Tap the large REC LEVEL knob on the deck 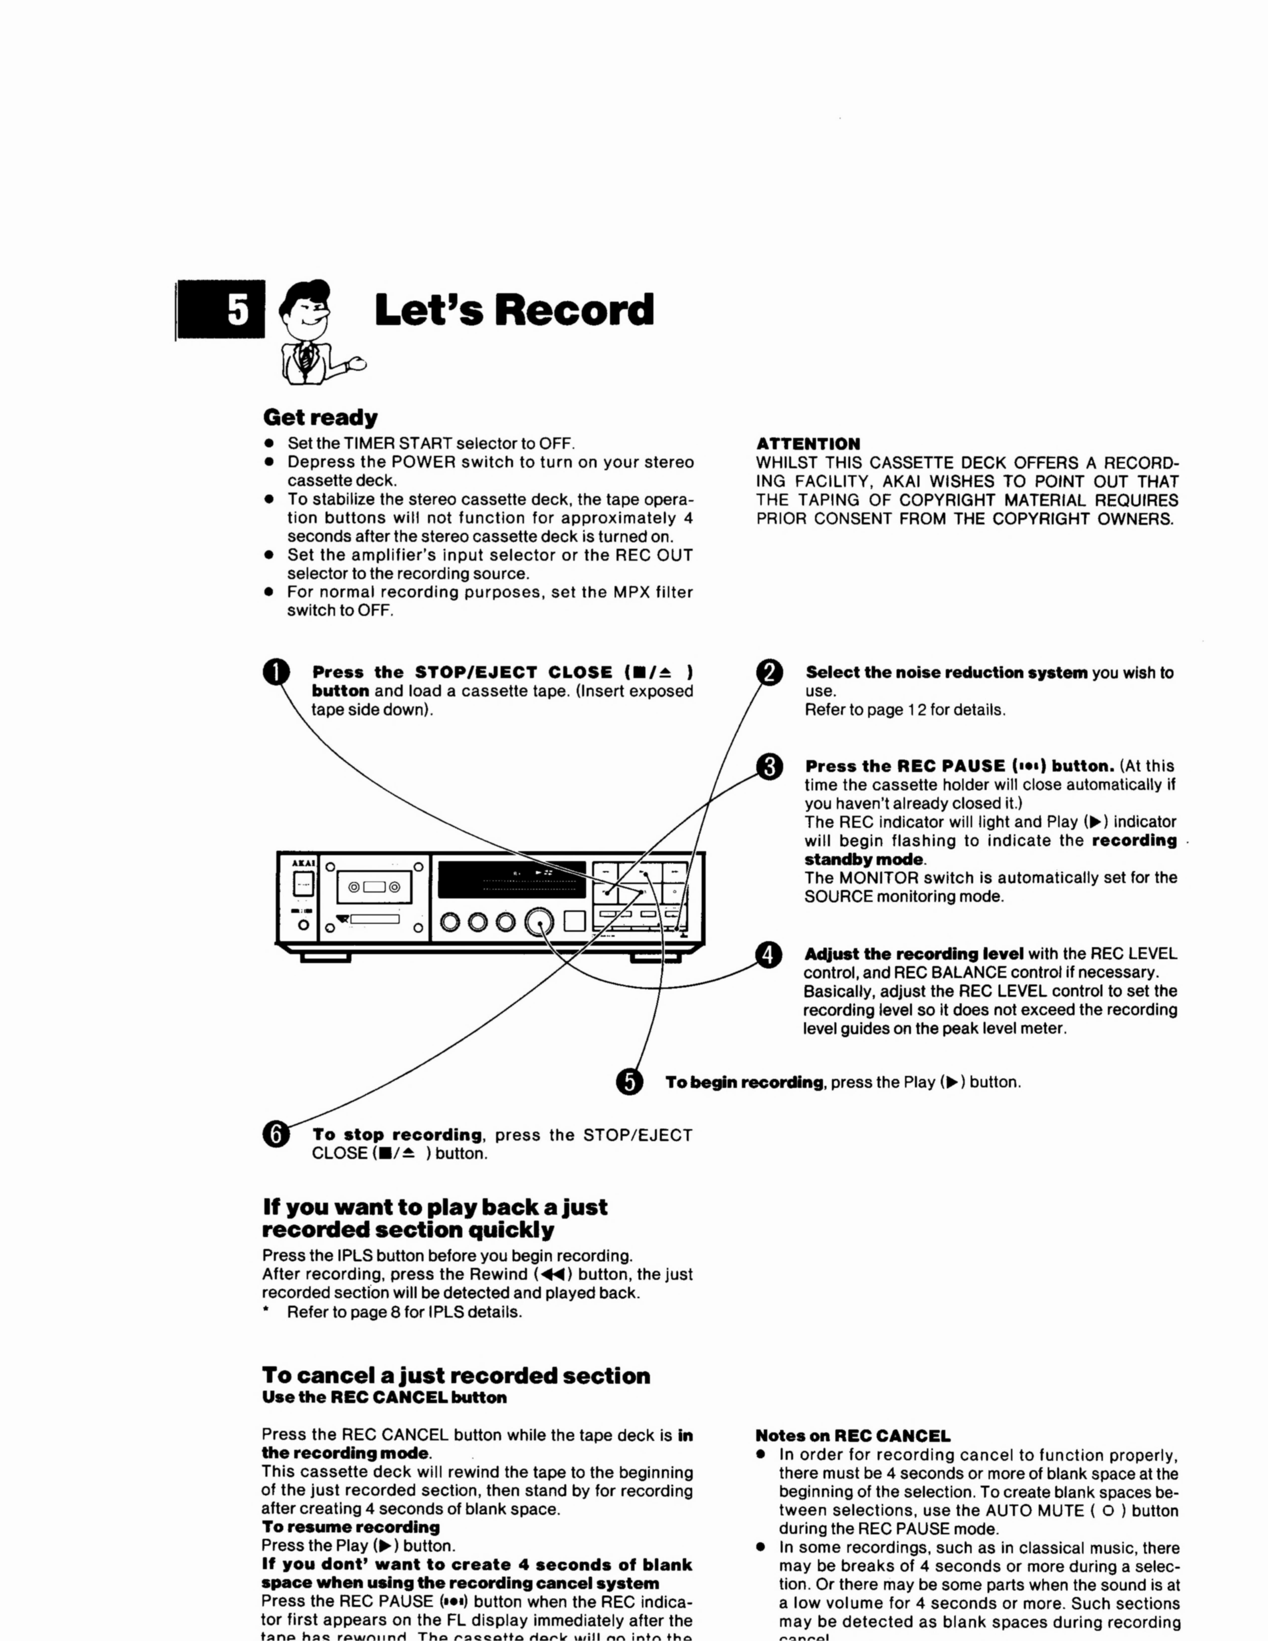539,922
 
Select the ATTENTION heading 808,444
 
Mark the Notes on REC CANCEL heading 852,1436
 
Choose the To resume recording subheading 350,1527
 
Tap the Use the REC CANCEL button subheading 384,1398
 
